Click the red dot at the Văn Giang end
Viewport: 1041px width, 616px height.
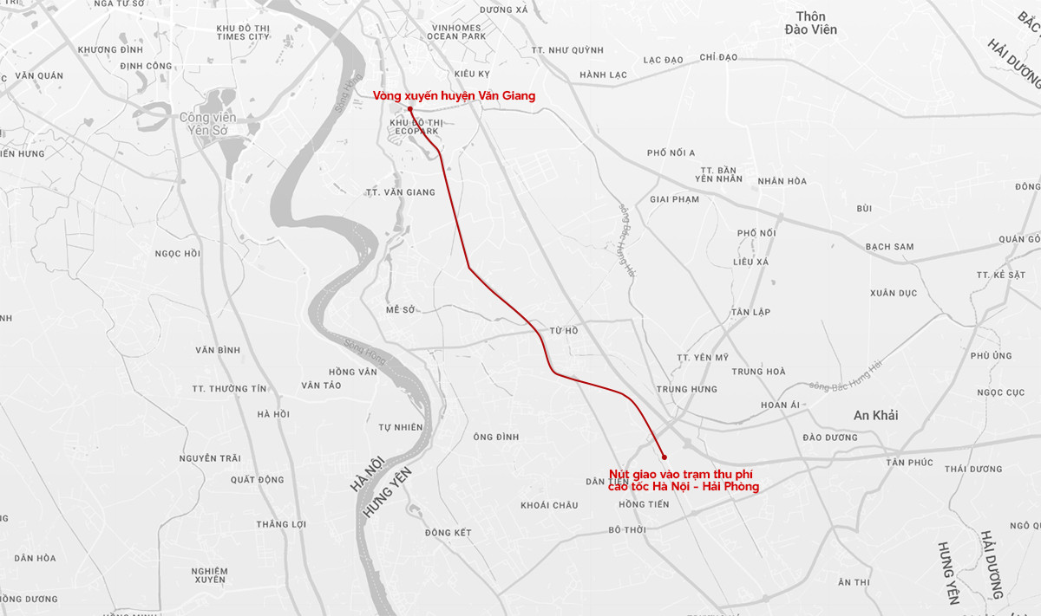pos(409,109)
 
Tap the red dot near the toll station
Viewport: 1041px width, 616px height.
pos(664,457)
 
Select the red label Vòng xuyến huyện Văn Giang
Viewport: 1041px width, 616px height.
pos(454,95)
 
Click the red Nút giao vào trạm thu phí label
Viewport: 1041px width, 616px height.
pos(684,481)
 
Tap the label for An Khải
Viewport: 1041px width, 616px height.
pos(875,415)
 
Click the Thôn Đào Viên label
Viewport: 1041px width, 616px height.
pos(811,23)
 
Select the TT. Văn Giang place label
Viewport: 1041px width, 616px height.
pos(400,191)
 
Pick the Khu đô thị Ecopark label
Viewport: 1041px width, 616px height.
pos(416,127)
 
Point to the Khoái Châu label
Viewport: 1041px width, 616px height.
pos(549,505)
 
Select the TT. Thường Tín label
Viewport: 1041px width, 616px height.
pos(229,388)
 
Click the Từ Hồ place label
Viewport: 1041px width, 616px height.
pos(564,331)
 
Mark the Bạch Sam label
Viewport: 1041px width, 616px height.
pos(889,247)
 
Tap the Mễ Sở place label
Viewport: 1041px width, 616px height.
pos(402,309)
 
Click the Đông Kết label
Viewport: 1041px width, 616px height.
pos(448,532)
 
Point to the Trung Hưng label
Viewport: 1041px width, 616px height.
pos(686,389)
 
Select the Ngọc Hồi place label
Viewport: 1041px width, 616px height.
pos(177,254)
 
